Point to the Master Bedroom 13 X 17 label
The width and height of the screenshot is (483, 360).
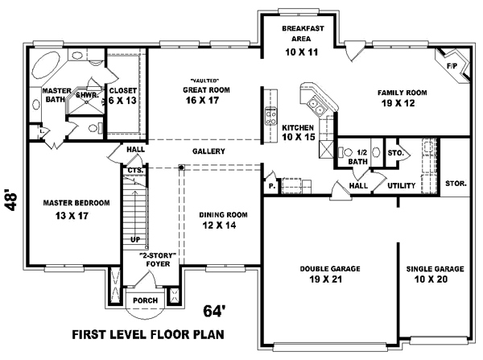65,209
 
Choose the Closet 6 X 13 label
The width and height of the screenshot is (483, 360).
123,96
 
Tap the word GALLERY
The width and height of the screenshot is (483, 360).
208,151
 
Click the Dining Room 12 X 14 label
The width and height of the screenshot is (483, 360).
223,220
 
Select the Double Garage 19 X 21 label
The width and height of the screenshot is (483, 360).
330,274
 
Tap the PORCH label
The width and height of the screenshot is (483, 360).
146,300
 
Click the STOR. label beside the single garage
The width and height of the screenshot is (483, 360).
456,184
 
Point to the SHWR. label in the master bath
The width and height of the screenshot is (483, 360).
86,95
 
